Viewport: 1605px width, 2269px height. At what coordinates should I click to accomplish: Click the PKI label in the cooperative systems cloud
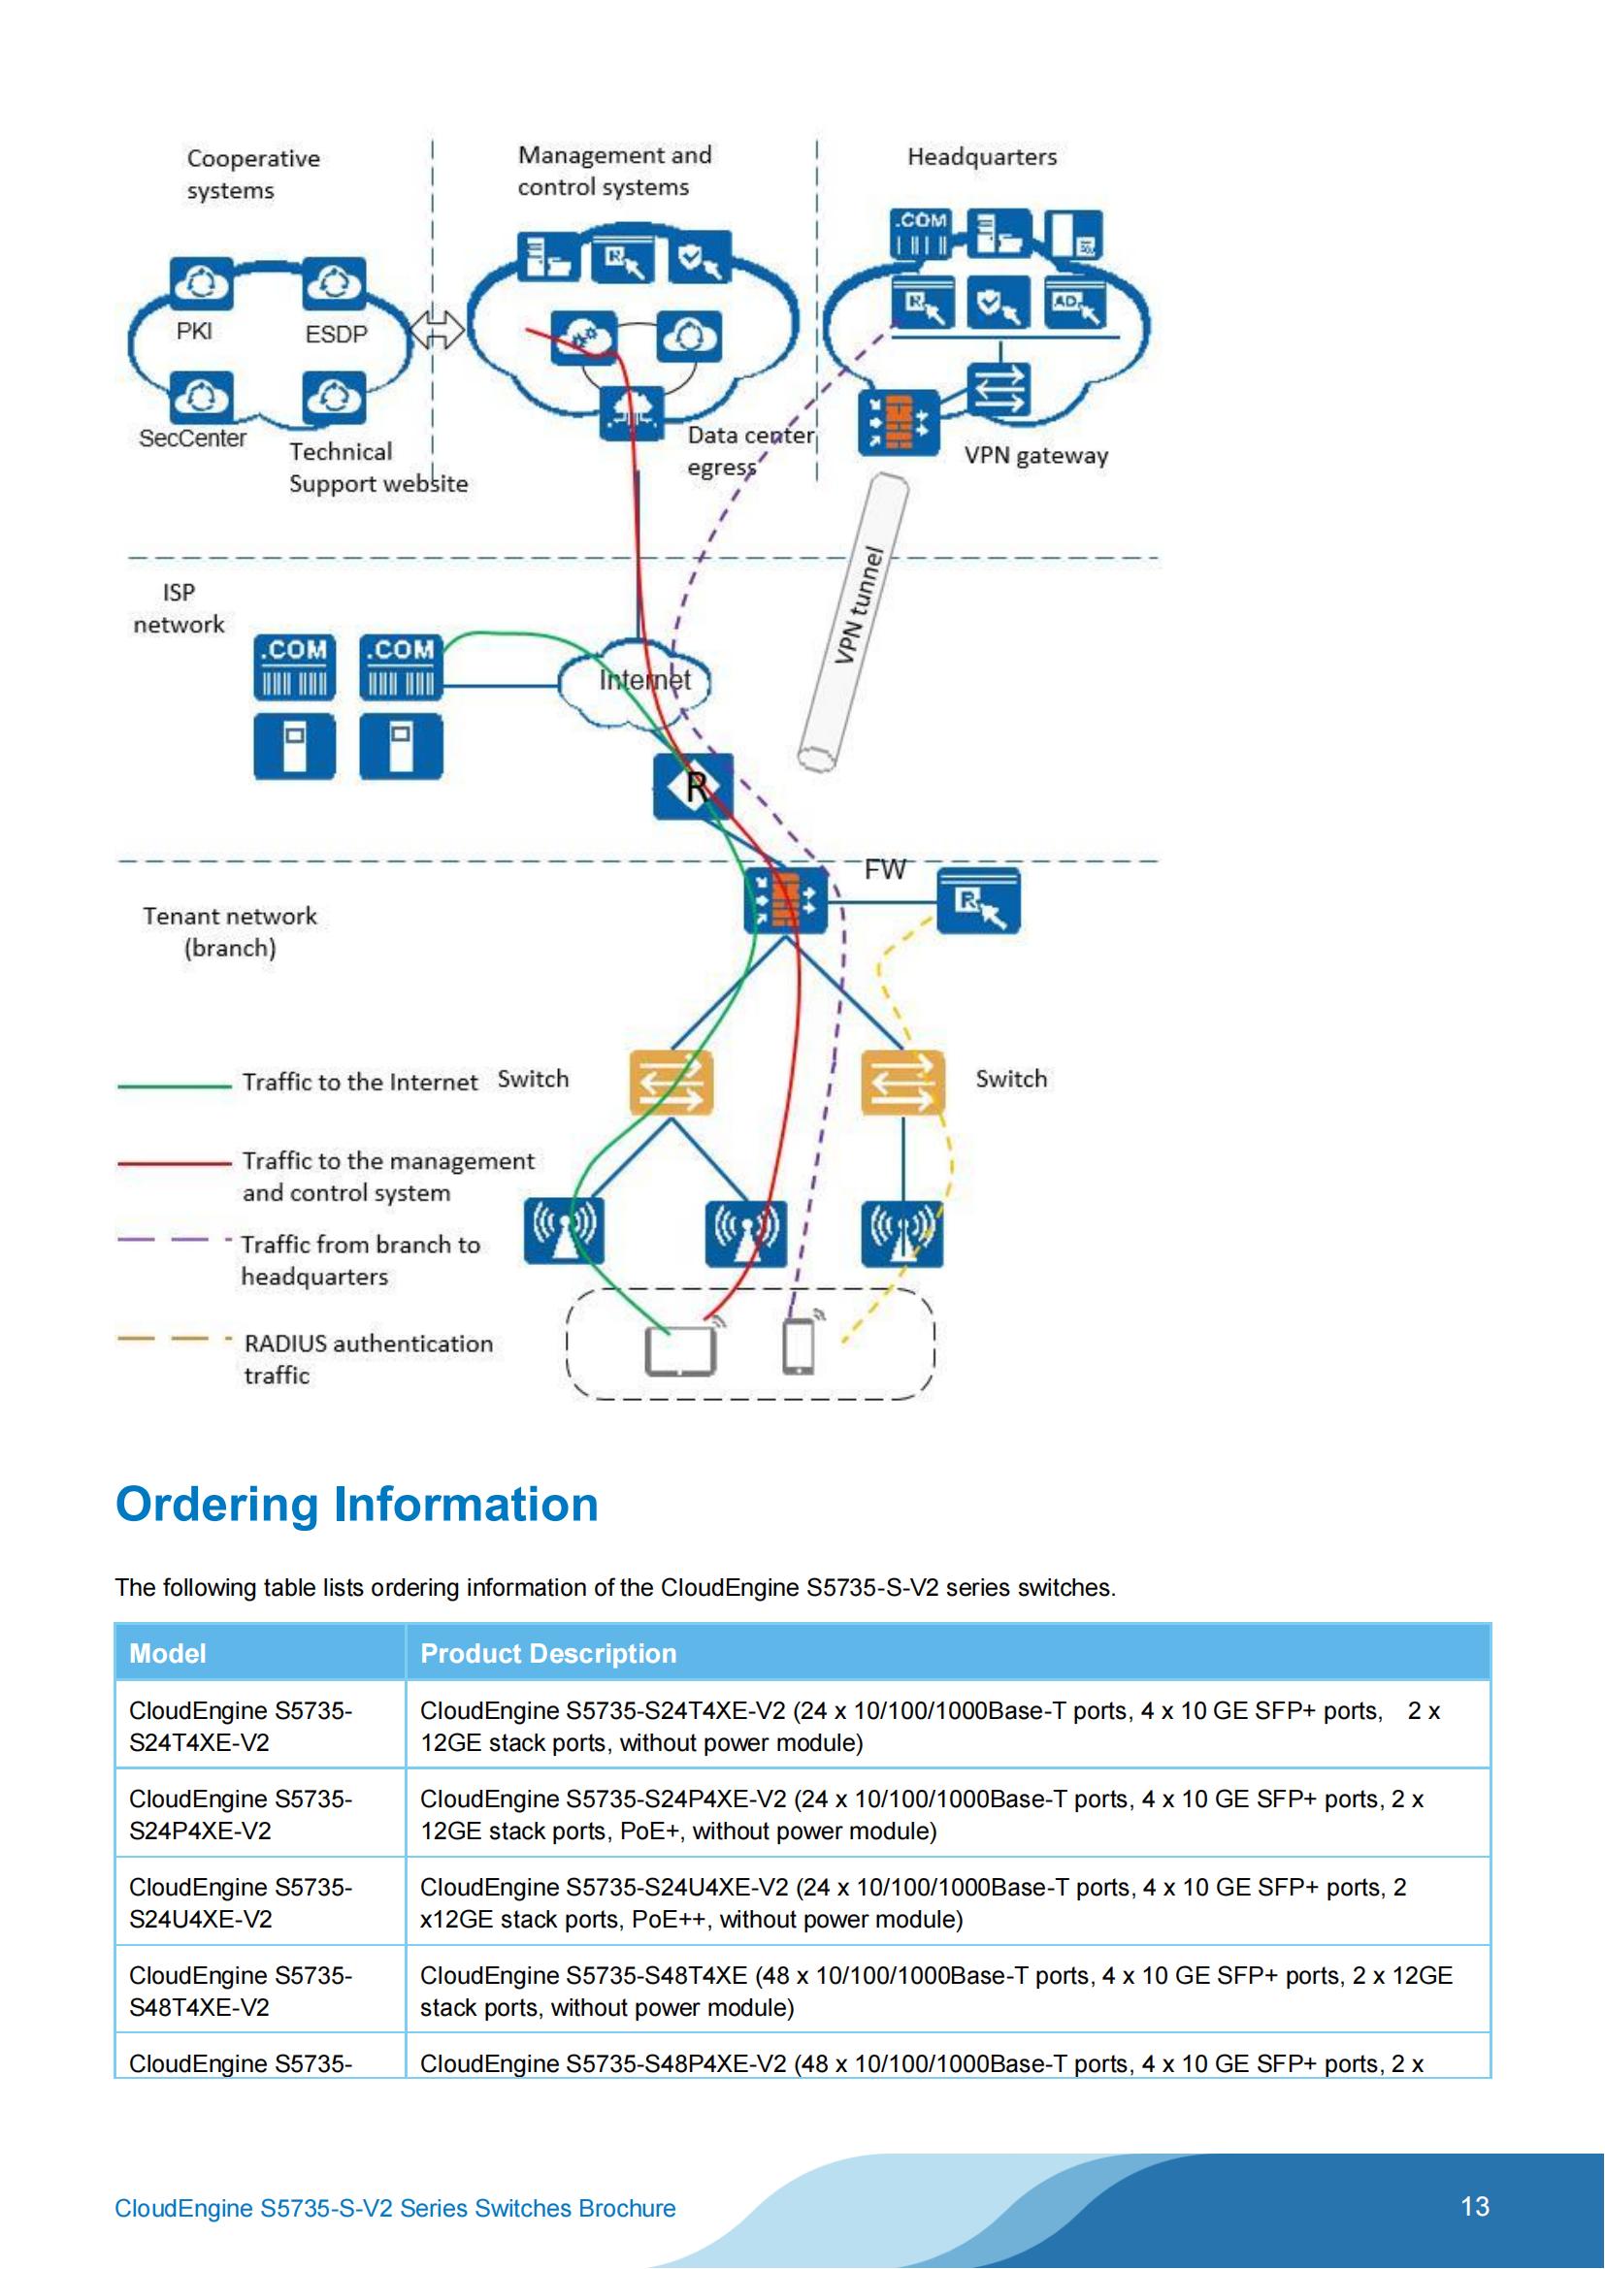(x=194, y=331)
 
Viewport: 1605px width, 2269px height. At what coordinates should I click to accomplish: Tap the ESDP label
(x=336, y=335)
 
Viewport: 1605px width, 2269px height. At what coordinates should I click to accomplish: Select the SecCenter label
(x=193, y=438)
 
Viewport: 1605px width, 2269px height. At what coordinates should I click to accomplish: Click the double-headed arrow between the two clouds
(x=436, y=329)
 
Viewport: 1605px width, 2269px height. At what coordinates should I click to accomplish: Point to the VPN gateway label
(x=1035, y=456)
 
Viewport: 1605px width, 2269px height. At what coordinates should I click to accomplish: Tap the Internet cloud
(x=635, y=682)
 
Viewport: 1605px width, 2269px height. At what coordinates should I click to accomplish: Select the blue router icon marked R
(x=693, y=787)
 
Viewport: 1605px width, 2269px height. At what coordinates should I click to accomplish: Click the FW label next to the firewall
(x=885, y=869)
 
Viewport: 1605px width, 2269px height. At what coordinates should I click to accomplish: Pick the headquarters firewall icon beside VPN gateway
(x=898, y=423)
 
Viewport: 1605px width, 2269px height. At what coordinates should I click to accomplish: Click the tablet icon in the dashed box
(x=680, y=1351)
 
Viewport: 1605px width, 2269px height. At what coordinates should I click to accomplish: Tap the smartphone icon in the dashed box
(x=799, y=1346)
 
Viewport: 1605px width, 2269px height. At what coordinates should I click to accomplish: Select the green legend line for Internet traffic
(x=174, y=1086)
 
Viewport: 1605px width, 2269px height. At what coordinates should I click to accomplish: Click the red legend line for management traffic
(x=174, y=1163)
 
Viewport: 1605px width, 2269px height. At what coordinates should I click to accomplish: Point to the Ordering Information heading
(x=357, y=1506)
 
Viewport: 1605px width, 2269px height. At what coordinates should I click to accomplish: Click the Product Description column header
(x=548, y=1653)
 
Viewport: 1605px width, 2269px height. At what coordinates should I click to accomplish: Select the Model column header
(x=168, y=1653)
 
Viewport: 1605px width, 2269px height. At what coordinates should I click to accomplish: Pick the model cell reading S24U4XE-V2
(x=240, y=1902)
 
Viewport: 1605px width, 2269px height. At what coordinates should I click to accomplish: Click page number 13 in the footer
(x=1475, y=2206)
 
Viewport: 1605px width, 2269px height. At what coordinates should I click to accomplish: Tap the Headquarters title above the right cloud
(x=981, y=157)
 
